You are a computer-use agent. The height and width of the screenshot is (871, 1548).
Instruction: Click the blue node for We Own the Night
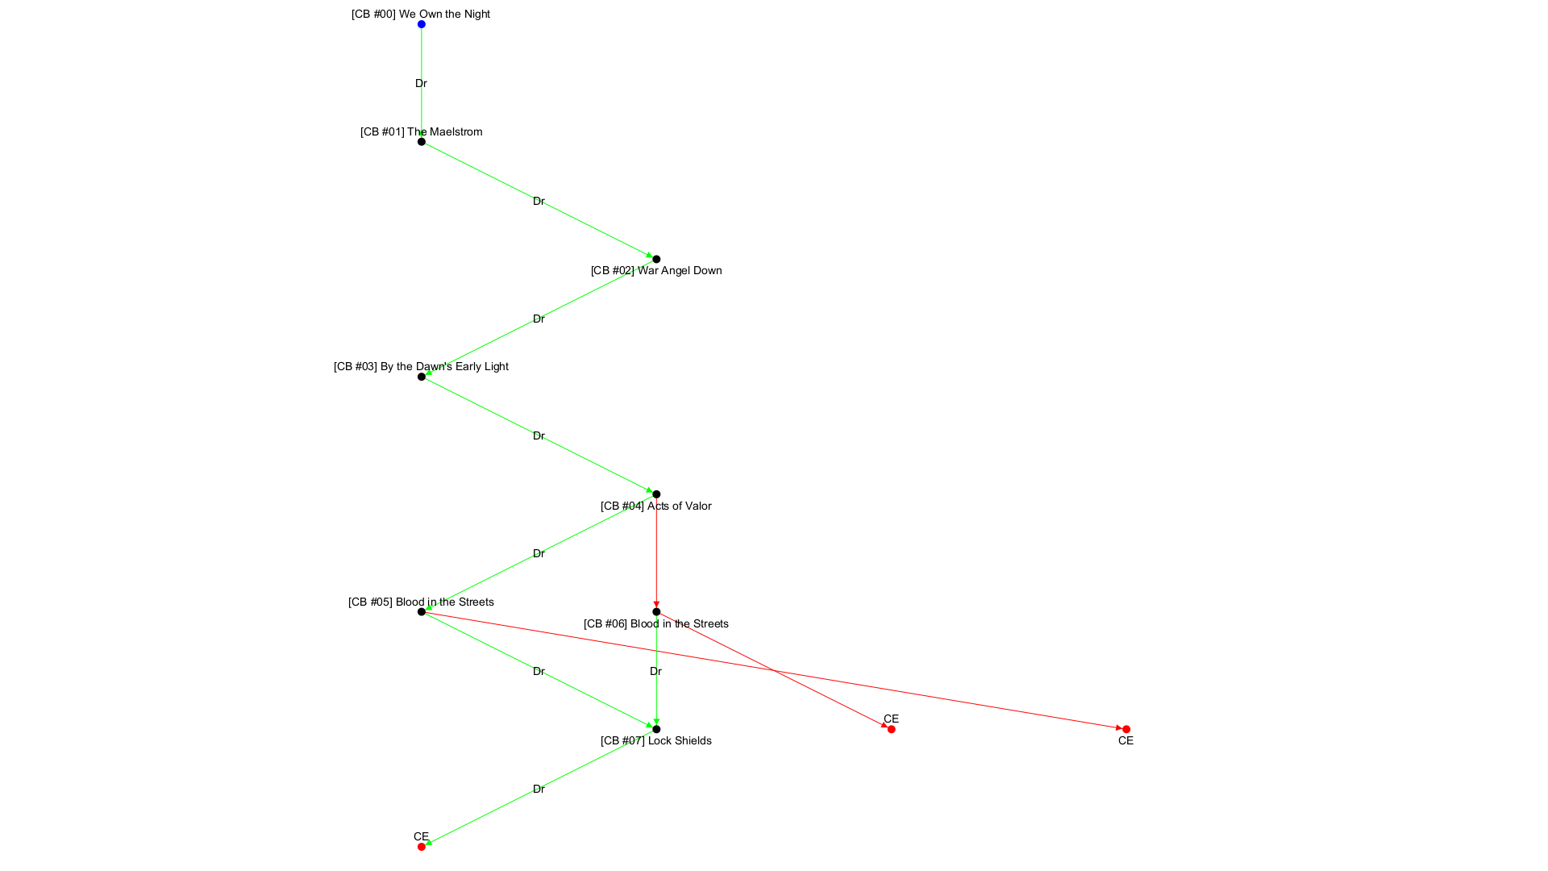tap(421, 24)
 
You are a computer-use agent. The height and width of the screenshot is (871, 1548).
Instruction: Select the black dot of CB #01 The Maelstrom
tap(421, 142)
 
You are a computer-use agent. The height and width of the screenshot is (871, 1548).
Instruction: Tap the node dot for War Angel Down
tap(656, 259)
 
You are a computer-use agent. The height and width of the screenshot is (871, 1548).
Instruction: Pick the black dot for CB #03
tap(421, 377)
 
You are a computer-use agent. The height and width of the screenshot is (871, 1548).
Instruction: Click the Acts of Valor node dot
tap(656, 494)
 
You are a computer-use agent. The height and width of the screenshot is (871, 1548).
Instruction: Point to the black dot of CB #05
tap(421, 612)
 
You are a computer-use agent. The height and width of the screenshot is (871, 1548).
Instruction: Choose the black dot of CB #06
tap(656, 612)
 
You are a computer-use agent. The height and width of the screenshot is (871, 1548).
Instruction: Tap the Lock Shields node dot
tap(656, 729)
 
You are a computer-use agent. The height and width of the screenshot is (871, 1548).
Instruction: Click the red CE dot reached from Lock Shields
tap(421, 847)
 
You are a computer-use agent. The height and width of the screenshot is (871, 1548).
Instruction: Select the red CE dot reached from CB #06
tap(891, 729)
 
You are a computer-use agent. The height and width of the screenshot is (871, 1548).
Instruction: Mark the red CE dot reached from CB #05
tap(1126, 729)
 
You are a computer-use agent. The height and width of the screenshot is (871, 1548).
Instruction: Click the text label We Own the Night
tap(421, 14)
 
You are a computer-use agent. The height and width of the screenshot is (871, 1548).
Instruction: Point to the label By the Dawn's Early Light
tap(421, 366)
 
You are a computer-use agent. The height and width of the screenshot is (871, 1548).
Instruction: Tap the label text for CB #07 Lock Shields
tap(656, 740)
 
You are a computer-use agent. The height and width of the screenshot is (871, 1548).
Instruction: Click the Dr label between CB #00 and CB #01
tap(421, 83)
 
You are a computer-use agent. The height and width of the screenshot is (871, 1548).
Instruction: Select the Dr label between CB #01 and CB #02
tap(539, 201)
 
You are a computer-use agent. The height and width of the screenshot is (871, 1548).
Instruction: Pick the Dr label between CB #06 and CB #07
tap(655, 671)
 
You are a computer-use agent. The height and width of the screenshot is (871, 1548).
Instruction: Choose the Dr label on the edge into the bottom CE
tap(539, 789)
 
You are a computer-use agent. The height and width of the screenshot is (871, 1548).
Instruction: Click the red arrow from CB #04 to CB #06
tap(656, 556)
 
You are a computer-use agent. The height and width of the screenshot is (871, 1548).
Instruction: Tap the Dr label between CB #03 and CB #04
tap(539, 435)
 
